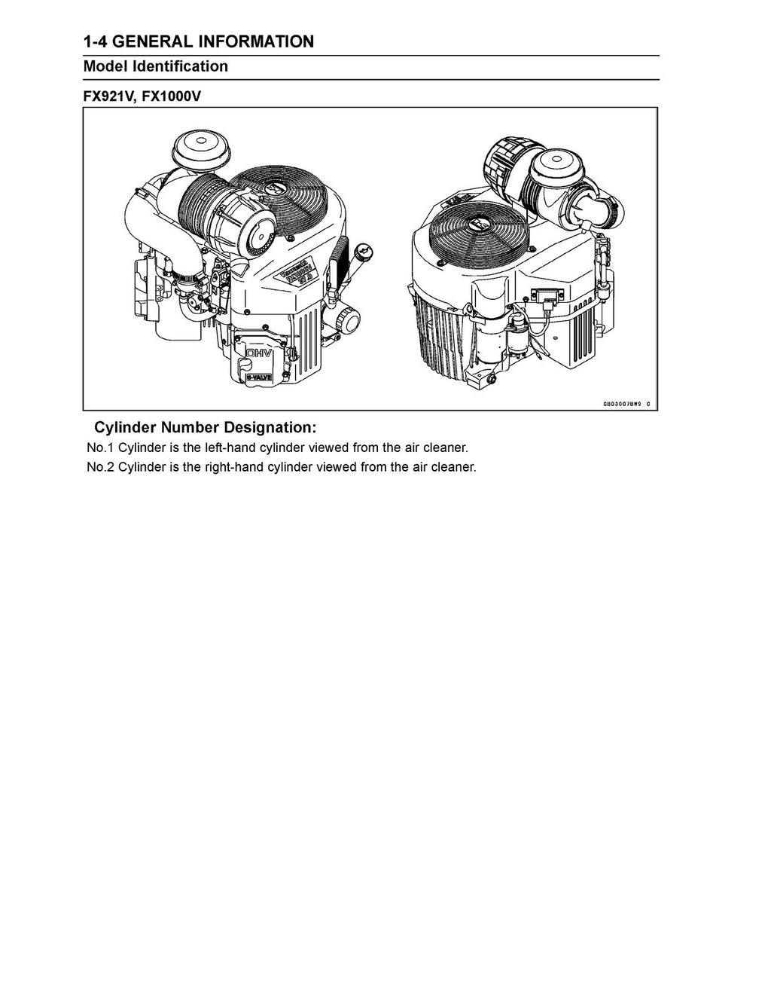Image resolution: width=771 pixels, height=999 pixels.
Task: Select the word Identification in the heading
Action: (180, 66)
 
